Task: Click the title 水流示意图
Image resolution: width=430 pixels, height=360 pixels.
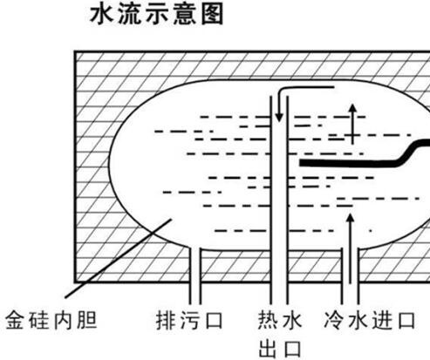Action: [157, 15]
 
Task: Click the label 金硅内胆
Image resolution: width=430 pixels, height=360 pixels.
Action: [51, 321]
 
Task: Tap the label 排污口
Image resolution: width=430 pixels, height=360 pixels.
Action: [189, 321]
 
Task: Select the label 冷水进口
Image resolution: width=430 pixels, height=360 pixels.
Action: [370, 321]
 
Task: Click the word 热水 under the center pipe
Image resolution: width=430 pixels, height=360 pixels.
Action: [280, 321]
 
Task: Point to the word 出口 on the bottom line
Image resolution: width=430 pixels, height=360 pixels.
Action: [280, 349]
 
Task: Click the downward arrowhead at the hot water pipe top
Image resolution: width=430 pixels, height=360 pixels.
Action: [279, 118]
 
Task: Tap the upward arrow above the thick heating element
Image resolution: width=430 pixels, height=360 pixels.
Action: [352, 124]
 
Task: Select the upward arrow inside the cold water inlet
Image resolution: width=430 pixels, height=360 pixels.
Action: [351, 248]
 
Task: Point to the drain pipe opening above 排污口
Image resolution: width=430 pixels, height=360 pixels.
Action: [195, 248]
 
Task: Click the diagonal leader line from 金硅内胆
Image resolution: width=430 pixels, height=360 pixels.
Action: [118, 259]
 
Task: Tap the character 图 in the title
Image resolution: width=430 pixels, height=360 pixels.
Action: [212, 15]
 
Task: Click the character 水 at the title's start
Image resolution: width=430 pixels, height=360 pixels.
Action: [101, 15]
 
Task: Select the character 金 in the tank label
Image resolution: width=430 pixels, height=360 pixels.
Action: [15, 321]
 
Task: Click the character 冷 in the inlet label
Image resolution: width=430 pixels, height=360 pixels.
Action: [334, 321]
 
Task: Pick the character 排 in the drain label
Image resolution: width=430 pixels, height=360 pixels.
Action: [166, 321]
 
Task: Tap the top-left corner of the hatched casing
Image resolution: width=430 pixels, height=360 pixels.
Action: [75, 51]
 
